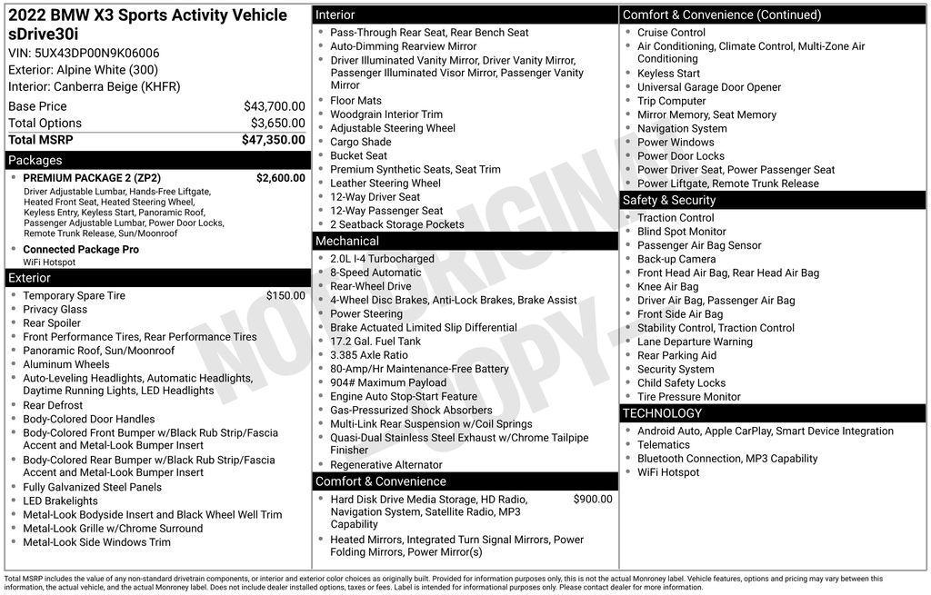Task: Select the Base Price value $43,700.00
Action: tap(274, 106)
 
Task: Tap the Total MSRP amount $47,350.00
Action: tap(273, 140)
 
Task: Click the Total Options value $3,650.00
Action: tap(277, 124)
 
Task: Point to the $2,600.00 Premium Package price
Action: tap(280, 178)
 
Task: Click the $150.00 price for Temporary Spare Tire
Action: tap(285, 295)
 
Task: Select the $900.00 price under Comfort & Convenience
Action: tap(593, 499)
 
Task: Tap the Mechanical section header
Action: tap(346, 241)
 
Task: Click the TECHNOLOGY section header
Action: tap(662, 413)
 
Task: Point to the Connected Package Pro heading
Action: tap(81, 249)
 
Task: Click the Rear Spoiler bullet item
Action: tap(52, 322)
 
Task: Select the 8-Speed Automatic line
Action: tap(375, 273)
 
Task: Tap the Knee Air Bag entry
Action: tap(667, 286)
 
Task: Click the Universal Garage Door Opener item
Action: tap(708, 87)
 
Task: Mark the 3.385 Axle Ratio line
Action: tap(368, 355)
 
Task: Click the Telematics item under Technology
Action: tap(663, 444)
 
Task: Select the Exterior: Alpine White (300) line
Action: tap(83, 70)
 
